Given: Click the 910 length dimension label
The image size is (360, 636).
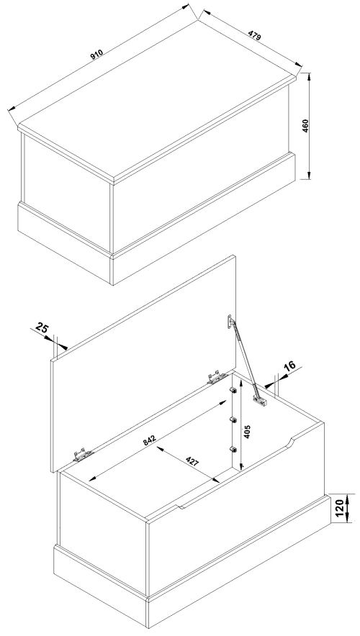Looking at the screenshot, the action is [96, 55].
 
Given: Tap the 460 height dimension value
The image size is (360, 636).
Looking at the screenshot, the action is [305, 126].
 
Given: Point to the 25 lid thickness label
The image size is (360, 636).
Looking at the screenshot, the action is [41, 326].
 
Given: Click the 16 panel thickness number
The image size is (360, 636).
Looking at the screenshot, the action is [289, 366].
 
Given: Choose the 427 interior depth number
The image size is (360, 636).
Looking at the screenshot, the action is [192, 462].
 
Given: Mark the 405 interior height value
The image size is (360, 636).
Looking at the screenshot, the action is [248, 432].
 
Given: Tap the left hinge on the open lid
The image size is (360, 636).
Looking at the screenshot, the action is [83, 455].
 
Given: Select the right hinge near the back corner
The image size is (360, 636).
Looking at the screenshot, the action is [217, 377].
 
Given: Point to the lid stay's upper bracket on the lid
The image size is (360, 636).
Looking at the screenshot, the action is [230, 322].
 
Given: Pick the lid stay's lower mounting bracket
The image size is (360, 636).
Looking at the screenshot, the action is [260, 400].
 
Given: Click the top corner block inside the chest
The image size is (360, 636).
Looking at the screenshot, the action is [233, 390].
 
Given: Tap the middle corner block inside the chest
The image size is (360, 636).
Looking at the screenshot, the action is [233, 420].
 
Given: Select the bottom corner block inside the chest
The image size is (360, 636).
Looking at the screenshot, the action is [233, 449].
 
